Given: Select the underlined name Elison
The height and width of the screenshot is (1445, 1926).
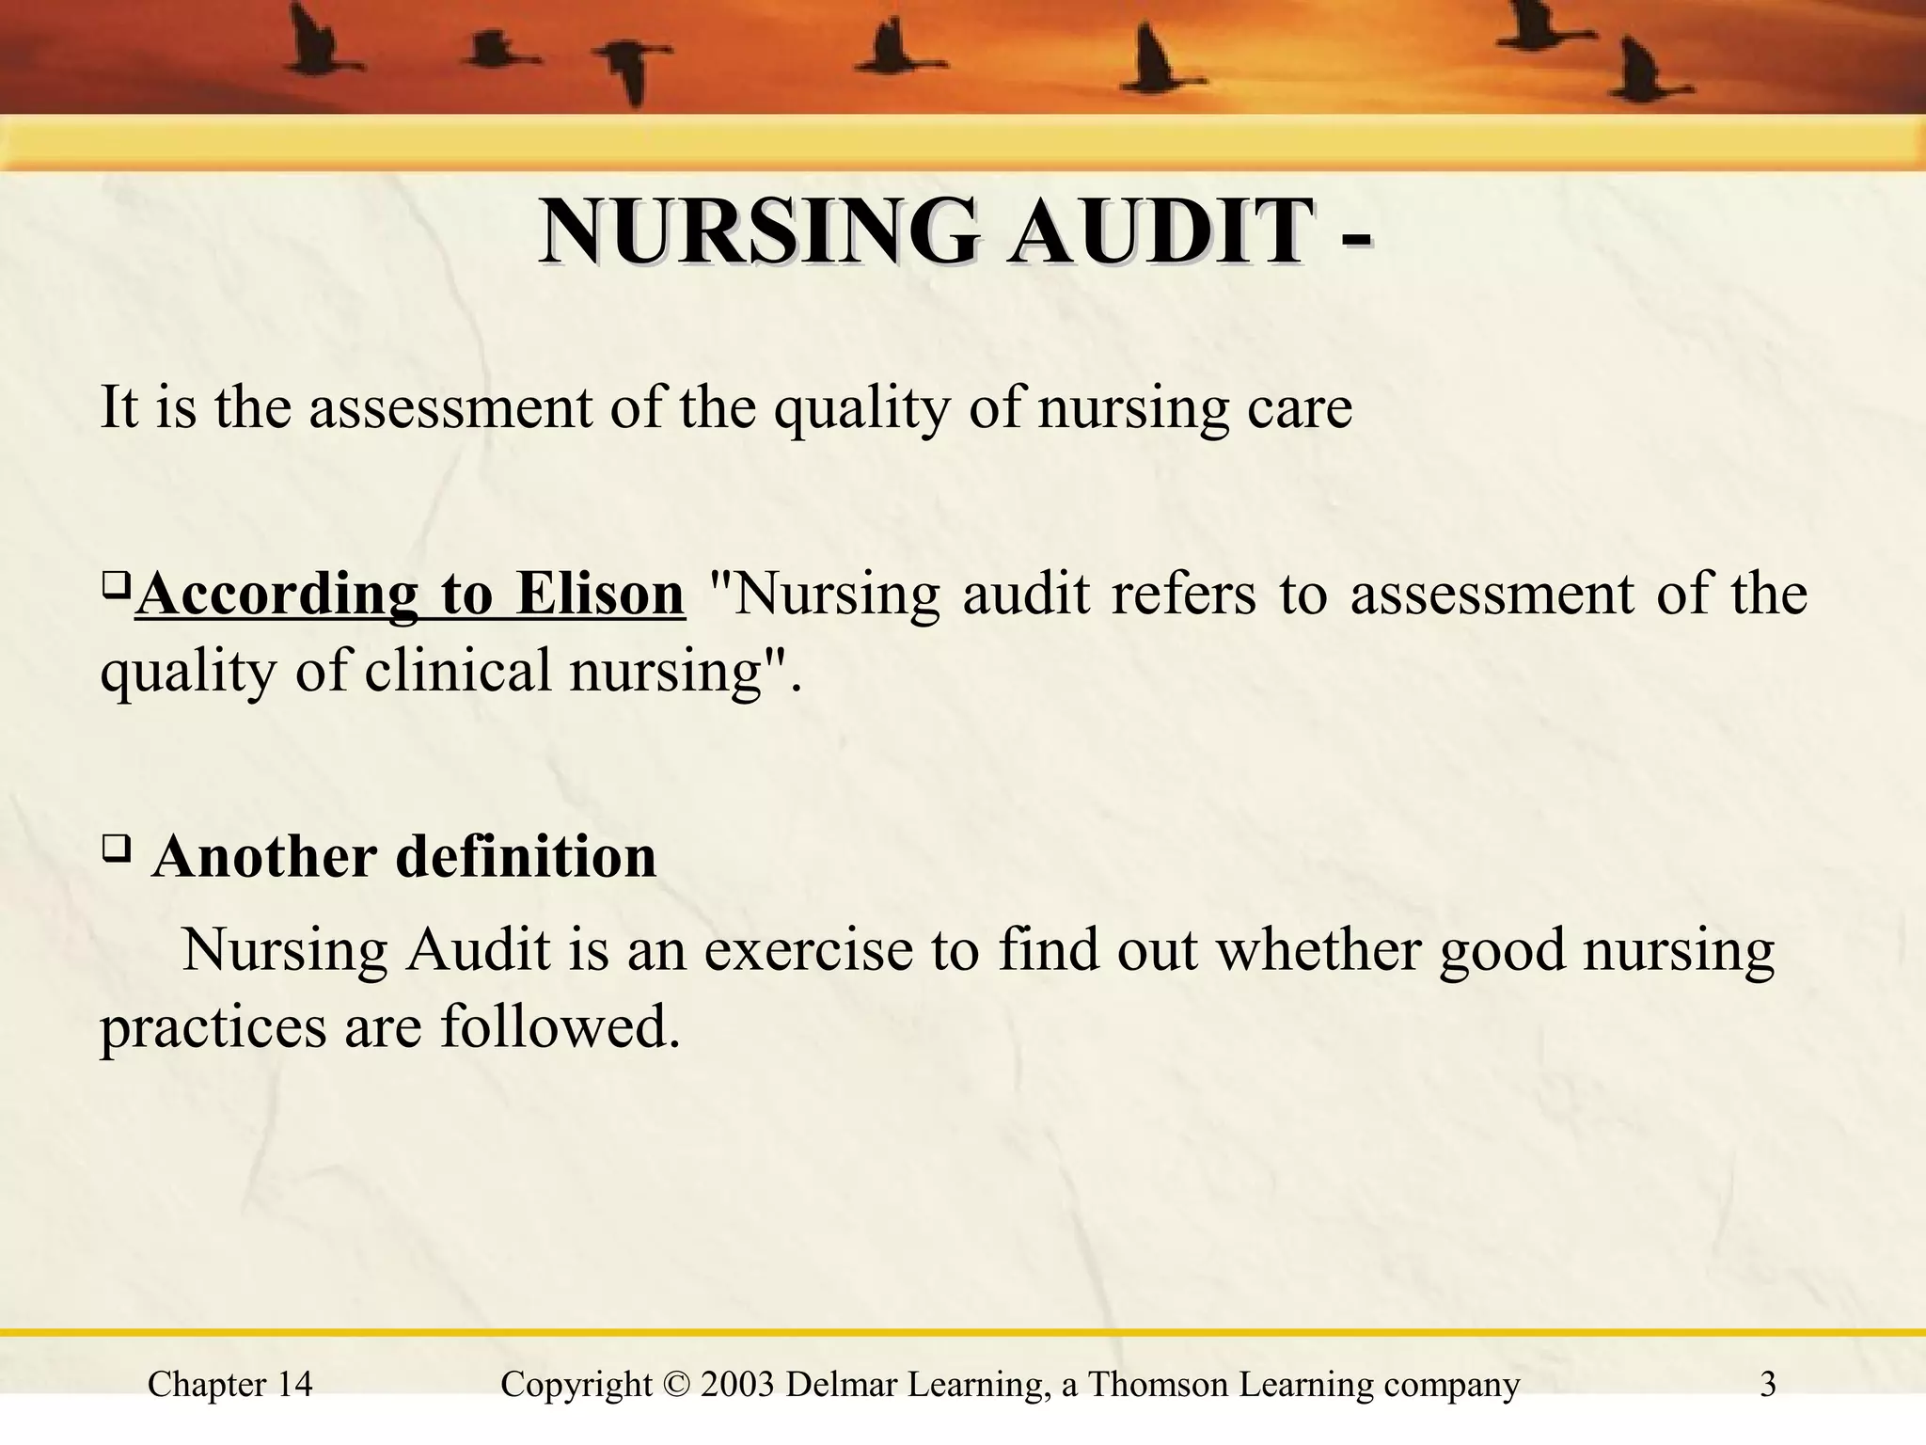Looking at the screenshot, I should point(600,594).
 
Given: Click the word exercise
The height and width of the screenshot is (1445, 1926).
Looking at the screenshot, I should point(808,949).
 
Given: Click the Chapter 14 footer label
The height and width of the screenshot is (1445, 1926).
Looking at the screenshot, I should point(230,1385).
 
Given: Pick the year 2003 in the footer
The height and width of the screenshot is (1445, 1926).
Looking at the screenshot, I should point(737,1385).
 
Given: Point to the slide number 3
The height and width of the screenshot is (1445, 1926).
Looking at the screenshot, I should point(1768,1385).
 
